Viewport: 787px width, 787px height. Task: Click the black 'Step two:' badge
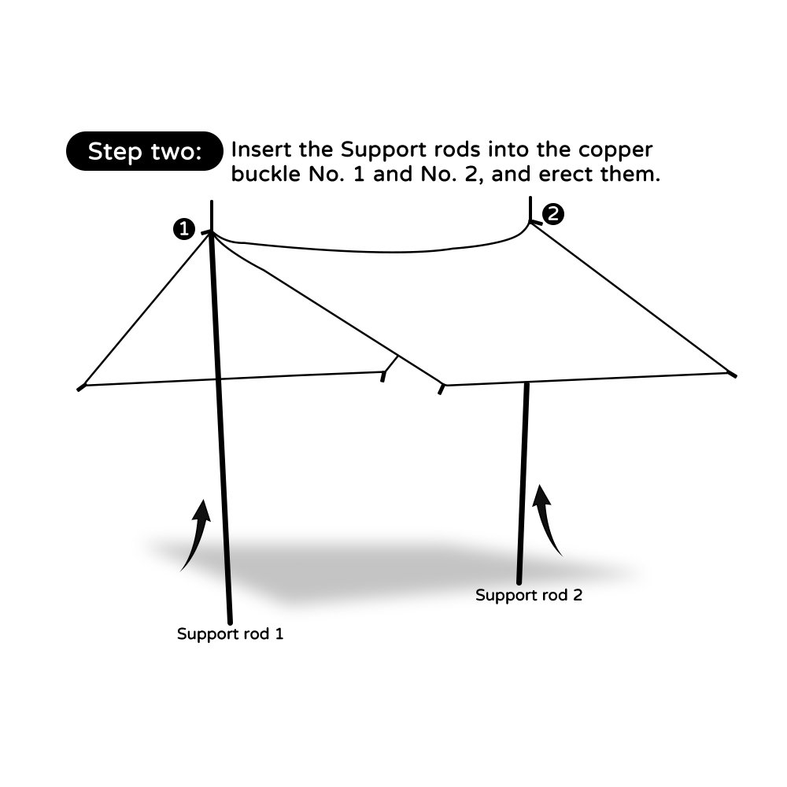point(145,151)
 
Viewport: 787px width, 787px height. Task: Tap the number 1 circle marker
point(184,229)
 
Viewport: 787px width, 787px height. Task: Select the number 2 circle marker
point(554,213)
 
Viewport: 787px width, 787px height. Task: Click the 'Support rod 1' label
point(230,634)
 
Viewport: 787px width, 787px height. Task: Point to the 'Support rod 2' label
point(529,595)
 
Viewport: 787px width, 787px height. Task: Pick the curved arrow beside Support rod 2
point(548,519)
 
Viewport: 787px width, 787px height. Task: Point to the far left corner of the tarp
point(80,386)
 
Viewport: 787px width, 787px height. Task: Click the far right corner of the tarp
point(733,375)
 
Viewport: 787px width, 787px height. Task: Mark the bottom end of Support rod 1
point(230,621)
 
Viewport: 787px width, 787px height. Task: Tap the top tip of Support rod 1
point(212,202)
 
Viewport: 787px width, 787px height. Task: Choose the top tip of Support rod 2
point(530,198)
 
